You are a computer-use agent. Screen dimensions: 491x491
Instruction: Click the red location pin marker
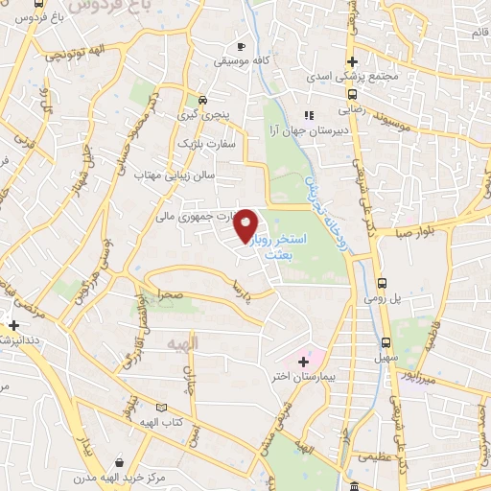[x=248, y=224]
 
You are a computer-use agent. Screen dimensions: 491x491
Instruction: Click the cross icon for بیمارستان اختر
[x=304, y=362]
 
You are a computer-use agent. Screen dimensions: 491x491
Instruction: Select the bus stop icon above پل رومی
[x=383, y=283]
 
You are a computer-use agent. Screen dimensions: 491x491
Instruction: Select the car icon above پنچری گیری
[x=201, y=100]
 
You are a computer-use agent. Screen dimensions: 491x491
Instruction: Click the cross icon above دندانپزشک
[x=12, y=325]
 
